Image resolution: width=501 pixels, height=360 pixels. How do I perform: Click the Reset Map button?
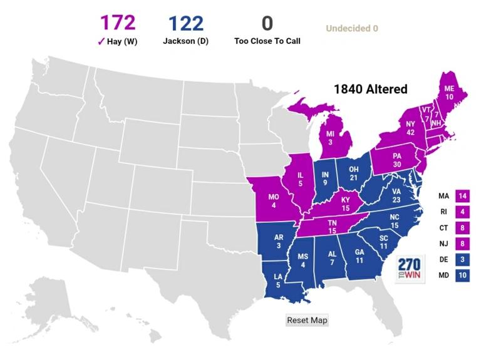tap(307, 320)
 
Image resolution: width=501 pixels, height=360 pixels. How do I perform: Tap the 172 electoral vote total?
tap(118, 23)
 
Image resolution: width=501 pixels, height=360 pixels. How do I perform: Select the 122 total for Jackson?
tap(185, 24)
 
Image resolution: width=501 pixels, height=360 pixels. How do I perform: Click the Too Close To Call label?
tap(267, 41)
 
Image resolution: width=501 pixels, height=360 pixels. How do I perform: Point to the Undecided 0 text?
tap(351, 28)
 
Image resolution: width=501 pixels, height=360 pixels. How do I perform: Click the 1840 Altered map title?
tap(370, 89)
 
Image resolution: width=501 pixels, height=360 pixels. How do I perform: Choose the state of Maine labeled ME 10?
tap(449, 94)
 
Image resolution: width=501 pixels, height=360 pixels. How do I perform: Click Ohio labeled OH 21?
tap(353, 173)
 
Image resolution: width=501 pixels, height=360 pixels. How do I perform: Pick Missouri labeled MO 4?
tap(273, 201)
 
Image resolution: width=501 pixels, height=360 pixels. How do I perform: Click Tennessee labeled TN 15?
tap(332, 227)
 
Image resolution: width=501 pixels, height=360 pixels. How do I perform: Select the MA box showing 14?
tap(463, 196)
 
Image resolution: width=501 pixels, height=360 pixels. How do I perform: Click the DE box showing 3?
tap(463, 259)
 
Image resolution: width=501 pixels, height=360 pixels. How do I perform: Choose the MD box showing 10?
tap(463, 274)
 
